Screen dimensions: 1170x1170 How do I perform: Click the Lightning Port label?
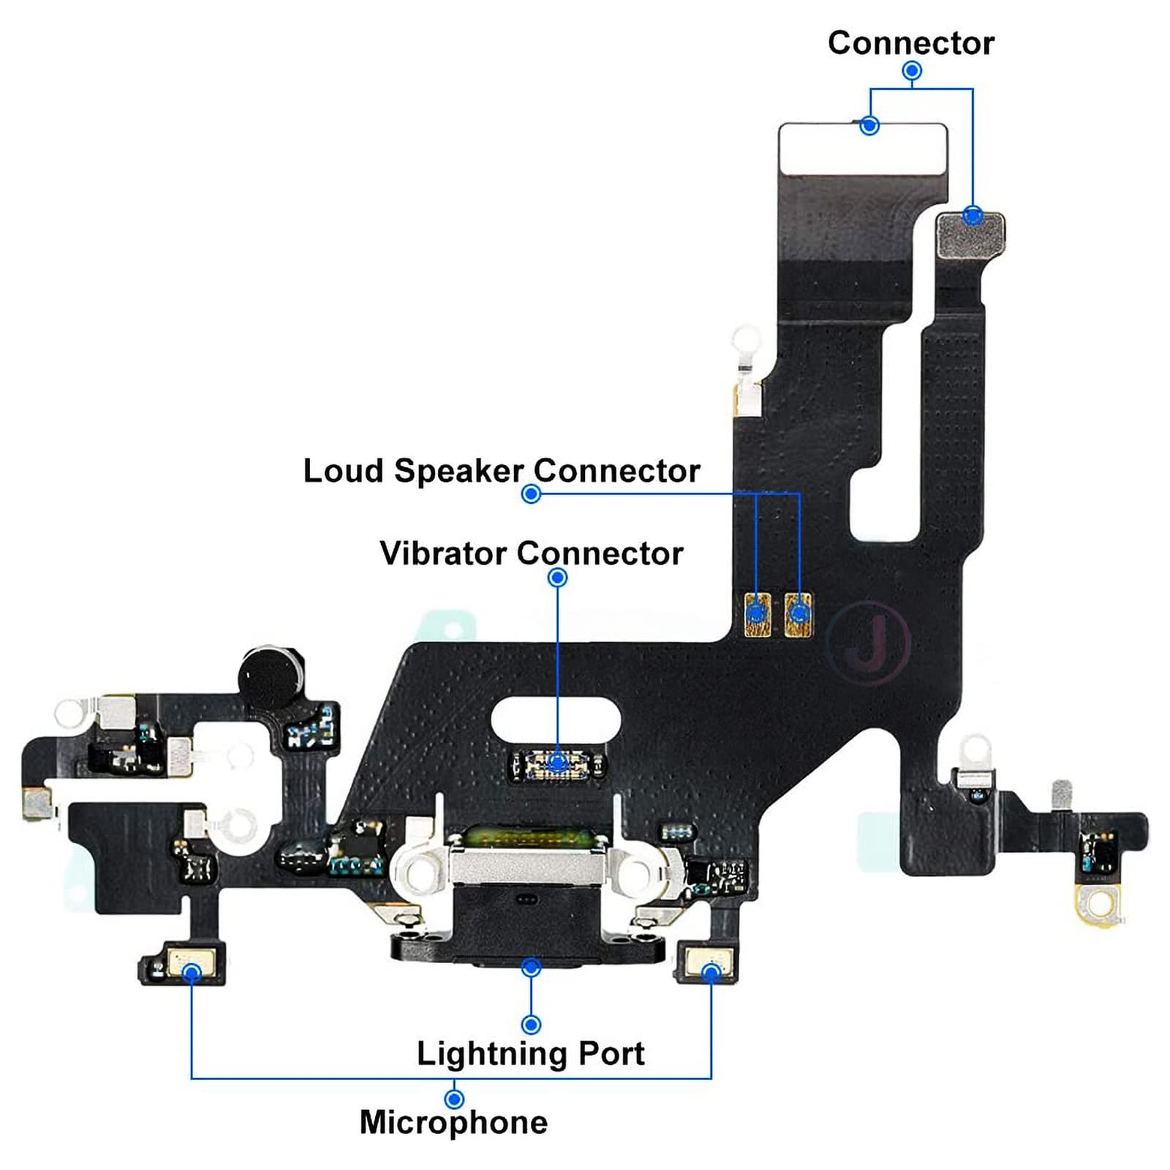pyautogui.click(x=530, y=1054)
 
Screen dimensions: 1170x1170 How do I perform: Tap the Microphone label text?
pyautogui.click(x=453, y=1122)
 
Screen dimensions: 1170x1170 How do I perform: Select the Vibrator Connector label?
pyautogui.click(x=531, y=554)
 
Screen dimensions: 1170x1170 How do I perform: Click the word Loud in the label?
pyautogui.click(x=343, y=471)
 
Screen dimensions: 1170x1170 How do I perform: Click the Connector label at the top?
pyautogui.click(x=910, y=43)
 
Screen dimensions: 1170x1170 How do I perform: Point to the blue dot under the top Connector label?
pyautogui.click(x=912, y=71)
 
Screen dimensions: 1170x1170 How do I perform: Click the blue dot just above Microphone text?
pyautogui.click(x=454, y=1099)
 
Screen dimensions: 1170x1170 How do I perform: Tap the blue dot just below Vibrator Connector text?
pyautogui.click(x=557, y=578)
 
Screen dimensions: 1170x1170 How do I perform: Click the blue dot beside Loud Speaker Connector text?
pyautogui.click(x=531, y=494)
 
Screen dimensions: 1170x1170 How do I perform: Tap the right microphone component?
pyautogui.click(x=711, y=963)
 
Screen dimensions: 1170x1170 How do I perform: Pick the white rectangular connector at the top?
pyautogui.click(x=863, y=149)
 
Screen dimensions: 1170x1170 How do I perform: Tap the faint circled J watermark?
pyautogui.click(x=869, y=643)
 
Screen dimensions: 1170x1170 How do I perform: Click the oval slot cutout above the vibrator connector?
pyautogui.click(x=556, y=717)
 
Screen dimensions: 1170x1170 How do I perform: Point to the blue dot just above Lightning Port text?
pyautogui.click(x=532, y=1024)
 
